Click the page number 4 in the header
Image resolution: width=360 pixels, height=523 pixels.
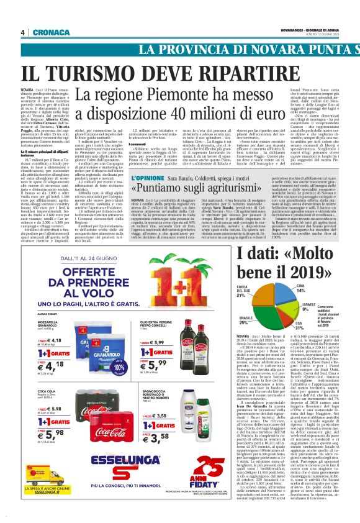point(23,32)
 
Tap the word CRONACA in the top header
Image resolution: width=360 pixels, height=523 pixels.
point(47,32)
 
